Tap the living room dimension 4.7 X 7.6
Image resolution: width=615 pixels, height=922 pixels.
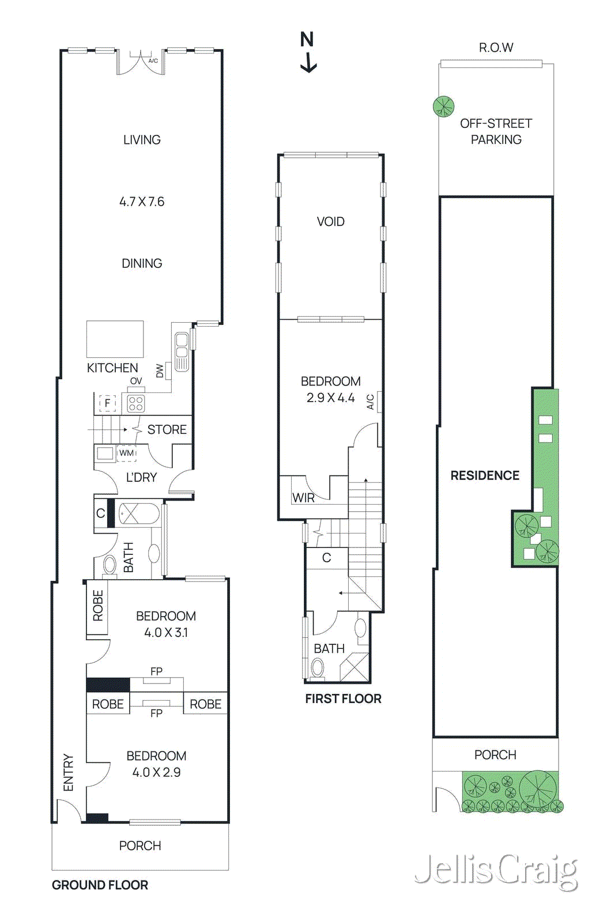142,202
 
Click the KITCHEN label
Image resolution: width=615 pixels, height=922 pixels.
112,368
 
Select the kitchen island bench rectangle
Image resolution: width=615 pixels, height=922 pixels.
115,339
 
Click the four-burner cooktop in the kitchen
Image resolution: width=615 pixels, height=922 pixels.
136,403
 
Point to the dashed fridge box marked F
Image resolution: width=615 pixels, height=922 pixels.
107,403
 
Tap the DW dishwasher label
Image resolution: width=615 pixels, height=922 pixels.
160,371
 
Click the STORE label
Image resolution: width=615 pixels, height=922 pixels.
167,430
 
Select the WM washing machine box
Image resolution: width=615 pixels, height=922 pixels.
126,454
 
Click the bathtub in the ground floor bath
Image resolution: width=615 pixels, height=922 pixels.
139,513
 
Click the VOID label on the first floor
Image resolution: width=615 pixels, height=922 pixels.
330,222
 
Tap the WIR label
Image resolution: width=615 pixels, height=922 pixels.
303,498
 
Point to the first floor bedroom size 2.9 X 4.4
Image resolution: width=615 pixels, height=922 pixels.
330,398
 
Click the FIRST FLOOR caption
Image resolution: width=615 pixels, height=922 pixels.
343,698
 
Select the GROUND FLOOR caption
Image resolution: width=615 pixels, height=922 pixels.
100,885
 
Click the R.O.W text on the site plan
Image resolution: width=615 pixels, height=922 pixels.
496,47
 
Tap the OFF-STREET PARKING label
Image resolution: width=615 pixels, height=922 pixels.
496,131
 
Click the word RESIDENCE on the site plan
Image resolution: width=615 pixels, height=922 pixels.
485,475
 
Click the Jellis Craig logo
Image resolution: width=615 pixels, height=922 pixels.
496,870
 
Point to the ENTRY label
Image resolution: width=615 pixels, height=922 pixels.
68,772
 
